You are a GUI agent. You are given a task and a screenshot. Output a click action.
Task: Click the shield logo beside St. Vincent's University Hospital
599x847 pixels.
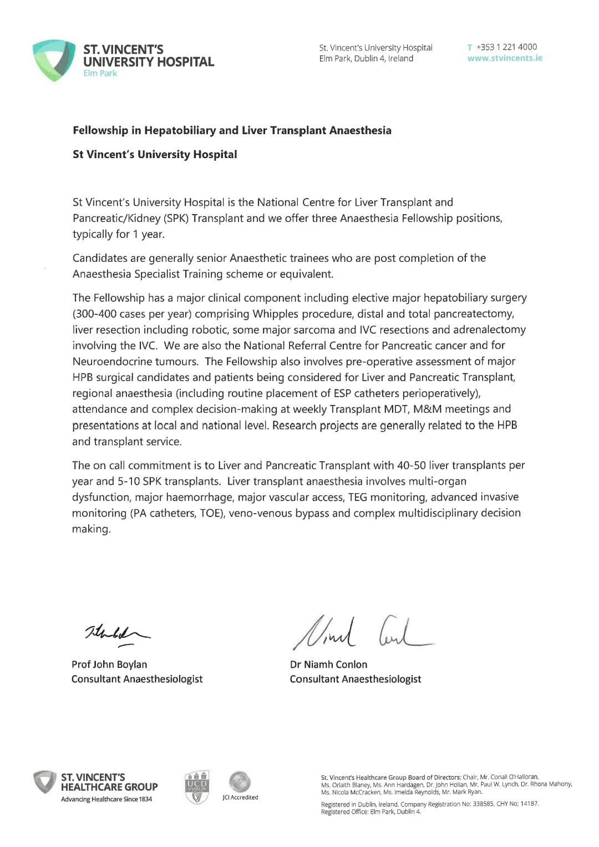(x=54, y=60)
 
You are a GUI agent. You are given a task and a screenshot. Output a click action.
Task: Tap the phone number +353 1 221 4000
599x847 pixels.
(x=506, y=47)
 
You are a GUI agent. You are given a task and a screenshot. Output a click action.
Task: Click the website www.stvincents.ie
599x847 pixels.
(x=505, y=58)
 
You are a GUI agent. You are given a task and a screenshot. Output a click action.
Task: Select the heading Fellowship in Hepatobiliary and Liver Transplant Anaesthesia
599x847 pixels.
(x=232, y=130)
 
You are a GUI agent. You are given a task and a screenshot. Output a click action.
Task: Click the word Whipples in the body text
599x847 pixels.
(x=276, y=314)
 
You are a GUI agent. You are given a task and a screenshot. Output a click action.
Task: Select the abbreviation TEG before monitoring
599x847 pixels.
(x=358, y=497)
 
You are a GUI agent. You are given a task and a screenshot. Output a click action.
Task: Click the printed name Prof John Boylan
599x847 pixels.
(x=109, y=665)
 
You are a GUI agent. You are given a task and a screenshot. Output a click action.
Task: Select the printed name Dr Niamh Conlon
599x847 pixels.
(x=328, y=665)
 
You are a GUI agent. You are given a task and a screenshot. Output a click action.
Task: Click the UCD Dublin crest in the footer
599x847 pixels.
(x=197, y=787)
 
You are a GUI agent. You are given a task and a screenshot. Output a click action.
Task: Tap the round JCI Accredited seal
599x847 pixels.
(x=240, y=782)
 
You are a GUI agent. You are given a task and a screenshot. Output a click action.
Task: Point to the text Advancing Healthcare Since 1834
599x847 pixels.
(x=106, y=799)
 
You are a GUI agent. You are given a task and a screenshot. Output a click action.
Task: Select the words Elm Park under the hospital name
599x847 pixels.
(x=100, y=73)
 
